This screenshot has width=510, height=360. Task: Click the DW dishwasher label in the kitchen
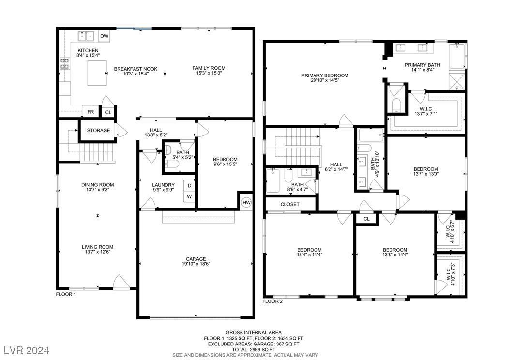point(104,36)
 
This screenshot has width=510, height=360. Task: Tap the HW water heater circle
point(246,202)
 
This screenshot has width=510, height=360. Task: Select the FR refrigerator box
point(90,112)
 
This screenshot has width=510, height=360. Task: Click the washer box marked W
point(189,196)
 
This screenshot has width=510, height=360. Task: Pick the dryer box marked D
point(189,185)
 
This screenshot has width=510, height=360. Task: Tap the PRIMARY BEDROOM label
point(325,75)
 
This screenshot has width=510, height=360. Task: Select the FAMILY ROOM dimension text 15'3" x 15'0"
point(209,74)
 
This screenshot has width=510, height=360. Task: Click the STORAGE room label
point(98,130)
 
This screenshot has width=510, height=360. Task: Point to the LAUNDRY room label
point(163,185)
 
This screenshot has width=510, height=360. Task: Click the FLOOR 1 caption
point(66,294)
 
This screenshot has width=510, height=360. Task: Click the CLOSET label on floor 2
point(290,204)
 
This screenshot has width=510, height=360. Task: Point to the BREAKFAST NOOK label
point(135,69)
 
